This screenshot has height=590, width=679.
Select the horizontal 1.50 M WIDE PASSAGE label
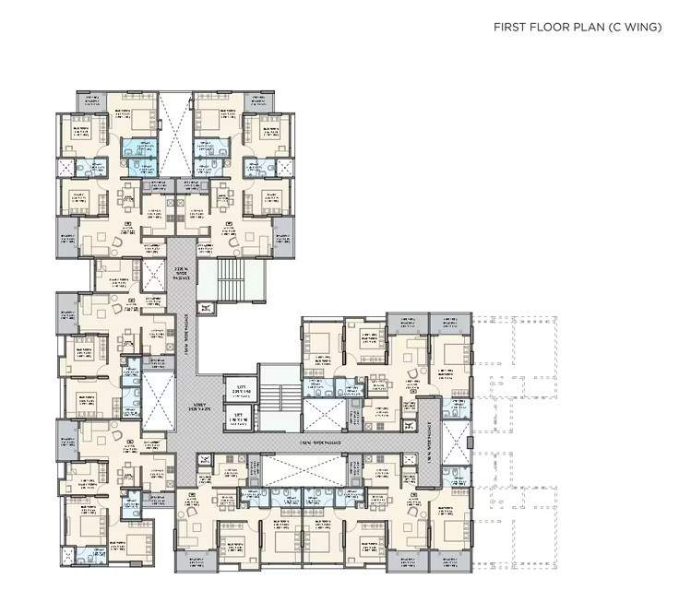coord(315,442)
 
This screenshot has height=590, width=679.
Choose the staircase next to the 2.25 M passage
coord(230,280)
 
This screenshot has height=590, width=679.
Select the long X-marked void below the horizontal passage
coord(304,468)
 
